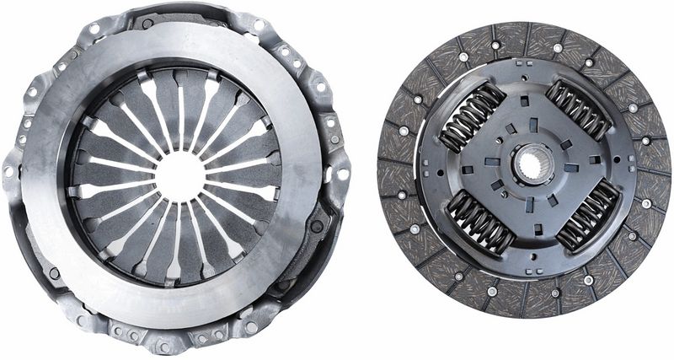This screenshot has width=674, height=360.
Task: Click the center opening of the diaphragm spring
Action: (x=179, y=175)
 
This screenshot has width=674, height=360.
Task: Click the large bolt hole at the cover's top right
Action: (x=318, y=85)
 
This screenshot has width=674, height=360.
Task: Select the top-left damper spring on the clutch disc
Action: (x=472, y=117)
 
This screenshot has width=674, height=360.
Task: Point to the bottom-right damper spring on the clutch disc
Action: (x=586, y=215)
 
